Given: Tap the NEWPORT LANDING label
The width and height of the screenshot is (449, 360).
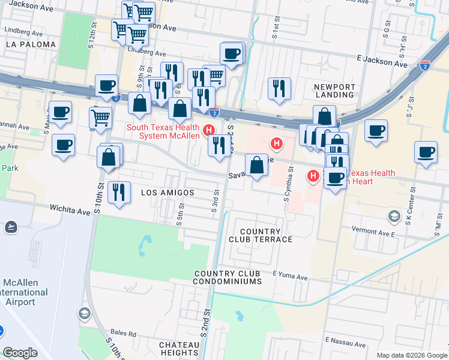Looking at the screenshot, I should (x=334, y=91).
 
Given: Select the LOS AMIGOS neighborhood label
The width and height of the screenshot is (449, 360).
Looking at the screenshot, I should (x=167, y=193).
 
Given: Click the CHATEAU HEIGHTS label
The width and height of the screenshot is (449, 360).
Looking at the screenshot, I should (x=179, y=349).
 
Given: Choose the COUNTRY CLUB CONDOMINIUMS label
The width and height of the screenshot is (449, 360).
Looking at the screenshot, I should (x=228, y=277).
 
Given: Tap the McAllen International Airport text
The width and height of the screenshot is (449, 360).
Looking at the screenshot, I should (x=24, y=292).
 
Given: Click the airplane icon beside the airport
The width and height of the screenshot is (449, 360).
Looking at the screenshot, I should (x=10, y=226).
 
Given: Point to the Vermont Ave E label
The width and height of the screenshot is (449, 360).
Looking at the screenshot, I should (x=376, y=231).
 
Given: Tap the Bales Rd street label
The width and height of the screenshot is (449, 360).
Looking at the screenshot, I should (x=123, y=334).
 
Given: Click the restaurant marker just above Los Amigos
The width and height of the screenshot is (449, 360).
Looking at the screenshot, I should (x=119, y=192).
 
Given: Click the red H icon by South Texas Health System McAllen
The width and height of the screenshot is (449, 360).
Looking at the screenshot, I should (x=209, y=130).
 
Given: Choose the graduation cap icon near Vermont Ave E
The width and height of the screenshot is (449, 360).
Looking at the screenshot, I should (x=394, y=216).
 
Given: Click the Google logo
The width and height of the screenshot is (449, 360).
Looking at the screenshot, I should (x=20, y=353).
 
